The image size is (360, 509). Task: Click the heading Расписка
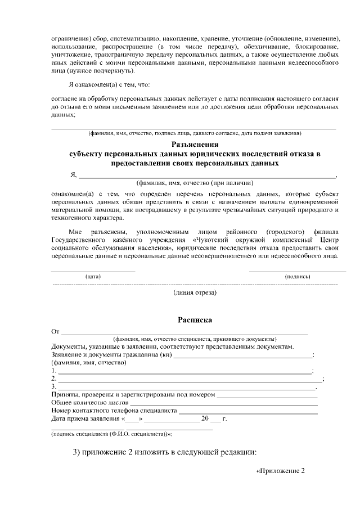[195, 319]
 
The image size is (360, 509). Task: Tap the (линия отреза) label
[195, 292]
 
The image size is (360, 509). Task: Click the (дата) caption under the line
[93, 277]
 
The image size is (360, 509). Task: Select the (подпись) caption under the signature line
[298, 277]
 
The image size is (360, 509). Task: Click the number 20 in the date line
[205, 419]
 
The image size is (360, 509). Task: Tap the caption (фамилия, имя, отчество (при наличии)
[195, 183]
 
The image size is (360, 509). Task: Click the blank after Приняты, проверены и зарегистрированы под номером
[267, 395]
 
